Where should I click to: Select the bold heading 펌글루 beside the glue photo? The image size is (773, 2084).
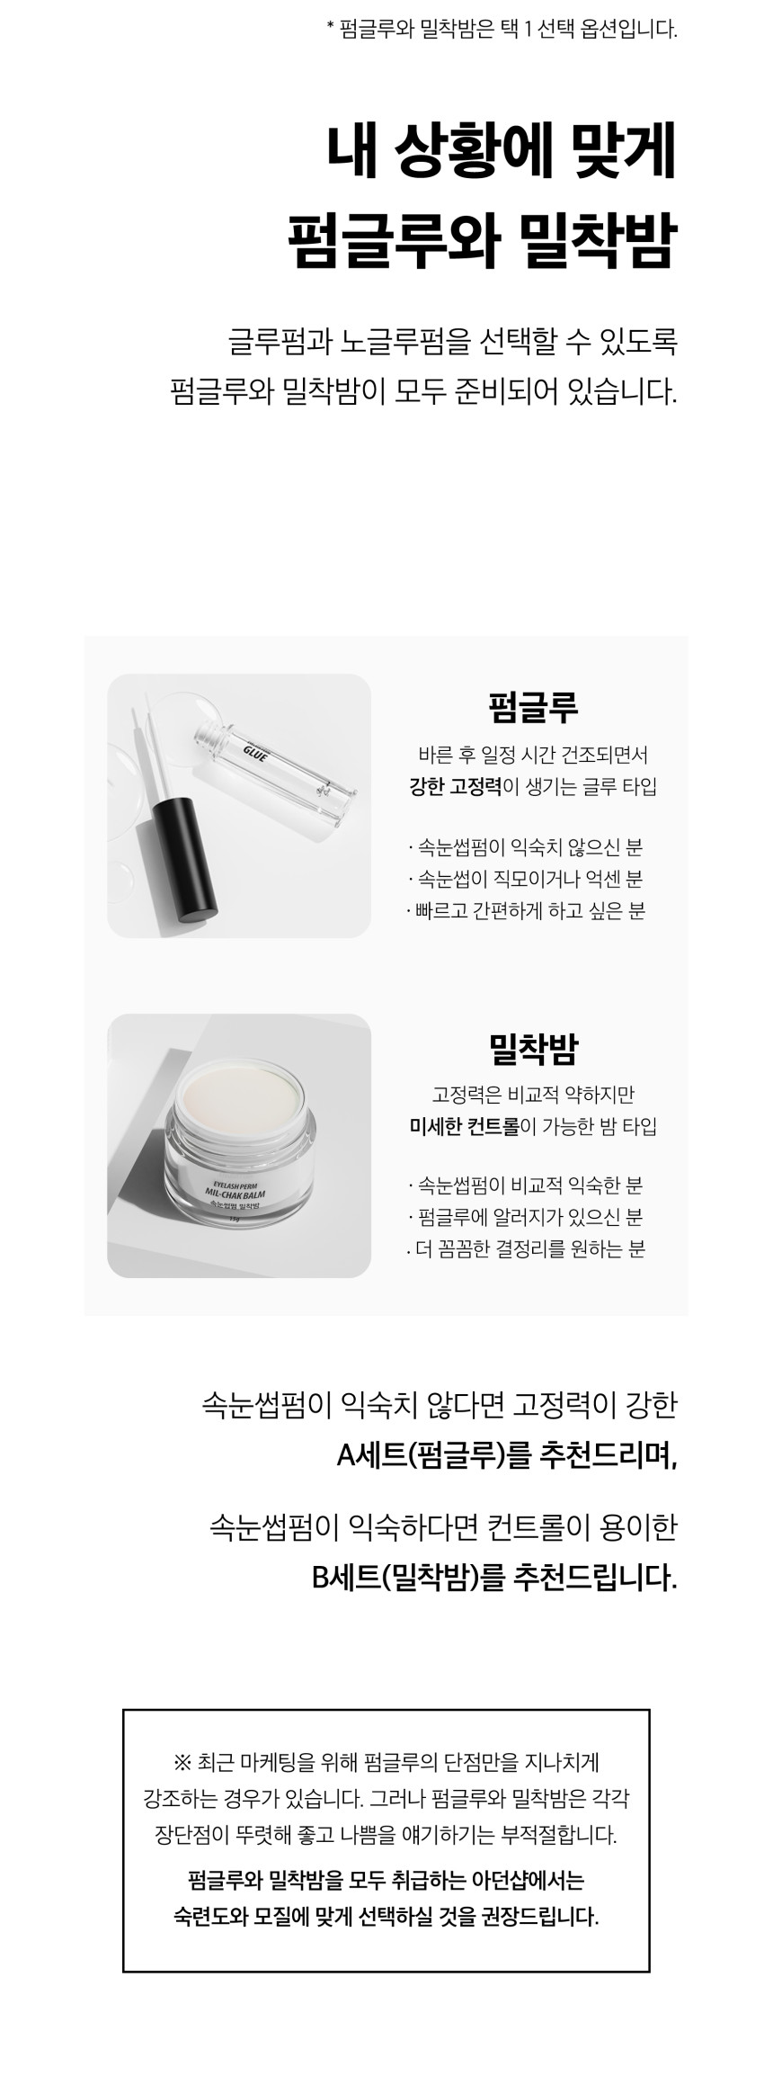pos(532,707)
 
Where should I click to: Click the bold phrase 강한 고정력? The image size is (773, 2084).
pos(455,786)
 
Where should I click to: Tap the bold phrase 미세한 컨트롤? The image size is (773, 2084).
pos(464,1126)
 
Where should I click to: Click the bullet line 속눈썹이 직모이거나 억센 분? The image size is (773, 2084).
pos(526,879)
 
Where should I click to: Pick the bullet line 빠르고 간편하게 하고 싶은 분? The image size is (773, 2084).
pos(526,910)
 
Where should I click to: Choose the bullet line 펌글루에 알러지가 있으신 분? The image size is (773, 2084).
pos(526,1218)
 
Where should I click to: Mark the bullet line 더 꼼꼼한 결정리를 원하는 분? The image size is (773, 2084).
pos(526,1249)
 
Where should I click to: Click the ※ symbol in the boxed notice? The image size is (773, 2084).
pos(180,1760)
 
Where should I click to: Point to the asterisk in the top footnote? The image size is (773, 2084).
pos(330,29)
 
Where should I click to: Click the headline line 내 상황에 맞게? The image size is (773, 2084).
pos(501,155)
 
